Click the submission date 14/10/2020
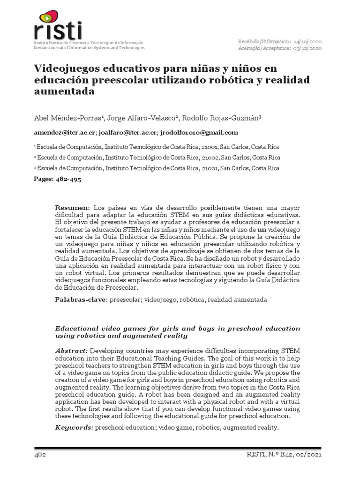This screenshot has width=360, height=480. click(307, 42)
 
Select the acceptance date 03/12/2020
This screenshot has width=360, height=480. click(307, 48)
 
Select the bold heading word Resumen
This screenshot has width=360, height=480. click(72, 207)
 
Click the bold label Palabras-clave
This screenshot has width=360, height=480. click(81, 299)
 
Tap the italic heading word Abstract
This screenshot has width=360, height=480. click(71, 351)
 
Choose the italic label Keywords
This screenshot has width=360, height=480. click(74, 427)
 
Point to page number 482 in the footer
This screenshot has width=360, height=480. click(39, 455)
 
